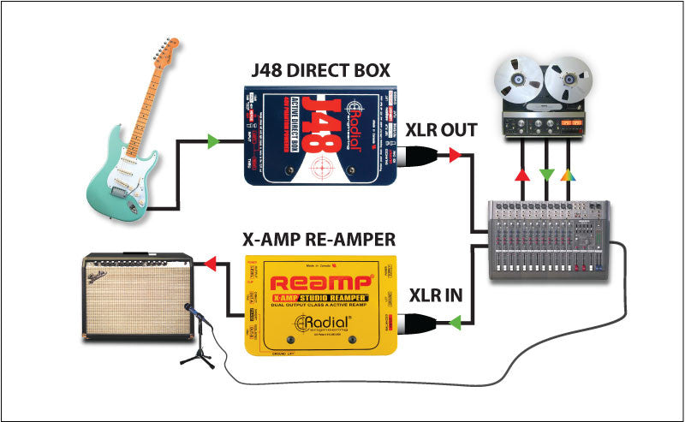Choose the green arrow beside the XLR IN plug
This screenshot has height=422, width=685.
455,323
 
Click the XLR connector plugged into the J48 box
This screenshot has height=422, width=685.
422,155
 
